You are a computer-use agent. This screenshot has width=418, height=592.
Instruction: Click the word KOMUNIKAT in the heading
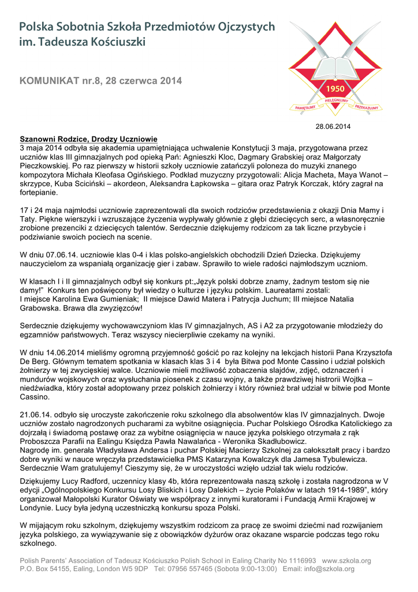pos(48,82)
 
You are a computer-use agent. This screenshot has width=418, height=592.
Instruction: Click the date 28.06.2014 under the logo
pos(333,126)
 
